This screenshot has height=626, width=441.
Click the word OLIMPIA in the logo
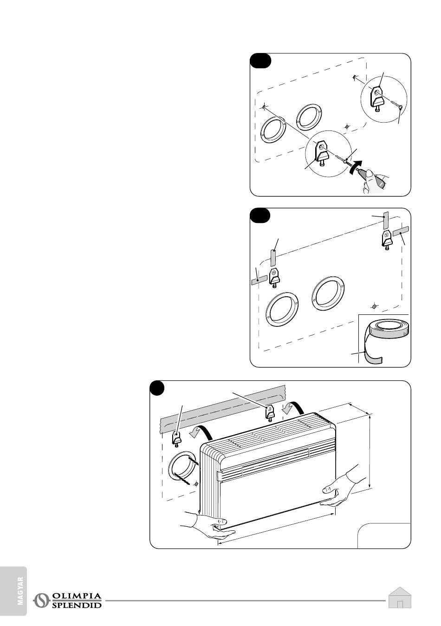tap(77, 596)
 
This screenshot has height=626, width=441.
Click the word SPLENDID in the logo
tap(77, 605)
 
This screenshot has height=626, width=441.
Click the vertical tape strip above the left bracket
tap(273, 257)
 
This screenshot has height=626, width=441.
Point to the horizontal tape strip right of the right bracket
tap(400, 231)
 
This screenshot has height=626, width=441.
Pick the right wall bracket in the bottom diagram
tap(270, 411)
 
